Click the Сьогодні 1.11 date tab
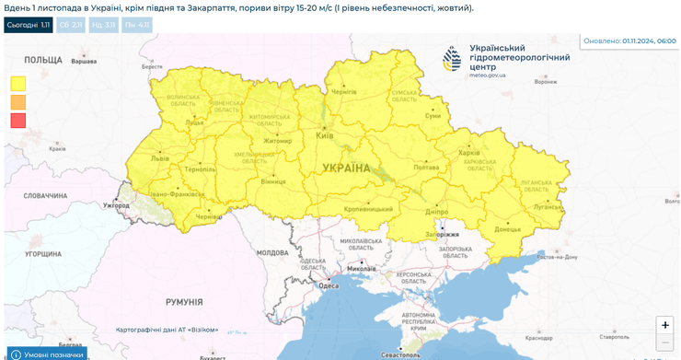(x=28, y=26)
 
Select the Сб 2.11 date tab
(x=71, y=26)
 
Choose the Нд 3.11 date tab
(x=103, y=26)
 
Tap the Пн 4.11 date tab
(x=135, y=26)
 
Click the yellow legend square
(x=18, y=83)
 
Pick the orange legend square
(x=18, y=101)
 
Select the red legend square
(x=18, y=120)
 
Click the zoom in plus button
(x=664, y=324)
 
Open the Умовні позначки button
(x=47, y=354)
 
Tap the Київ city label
(x=324, y=135)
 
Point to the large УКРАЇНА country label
(x=346, y=168)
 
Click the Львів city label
(x=160, y=158)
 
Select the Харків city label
(x=469, y=153)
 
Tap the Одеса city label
(x=329, y=285)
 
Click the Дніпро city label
(x=437, y=211)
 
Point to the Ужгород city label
(x=116, y=204)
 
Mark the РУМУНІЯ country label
(x=184, y=302)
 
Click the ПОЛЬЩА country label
(x=43, y=59)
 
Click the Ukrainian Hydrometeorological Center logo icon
(x=452, y=60)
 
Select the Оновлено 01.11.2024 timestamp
(x=629, y=41)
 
